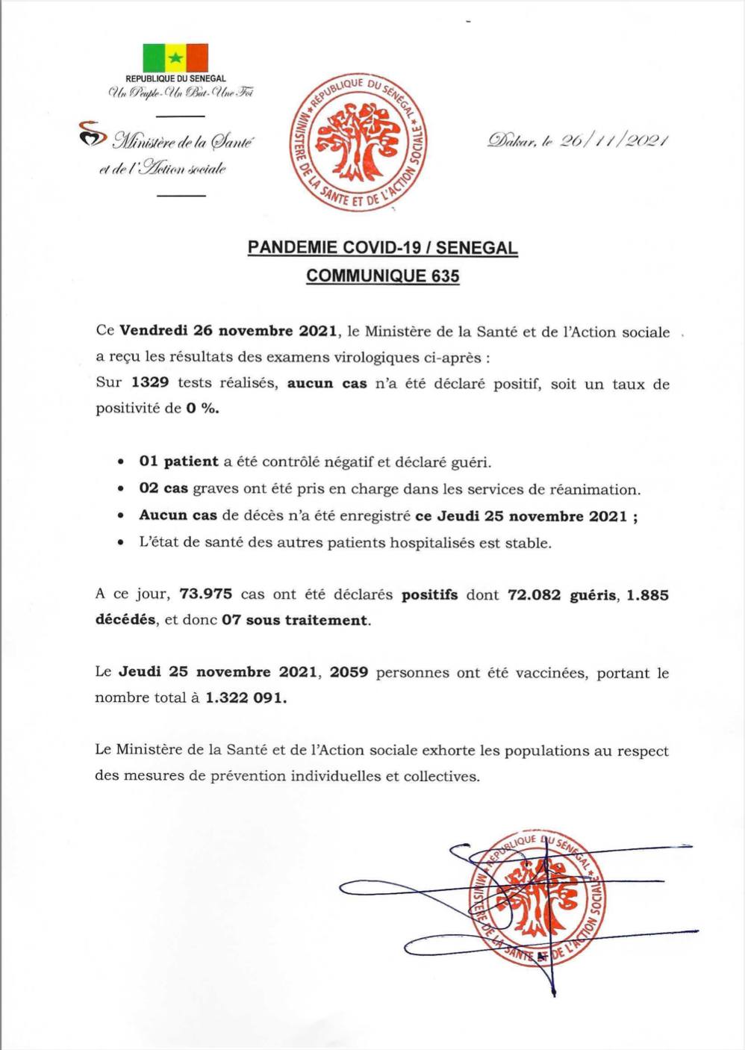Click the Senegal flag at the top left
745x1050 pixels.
(x=175, y=58)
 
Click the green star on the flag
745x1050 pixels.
(x=175, y=58)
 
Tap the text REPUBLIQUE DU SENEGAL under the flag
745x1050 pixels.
(x=175, y=78)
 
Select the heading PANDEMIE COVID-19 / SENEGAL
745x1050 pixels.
(x=382, y=248)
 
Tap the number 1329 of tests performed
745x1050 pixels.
(x=149, y=383)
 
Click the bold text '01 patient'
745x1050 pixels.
(x=178, y=462)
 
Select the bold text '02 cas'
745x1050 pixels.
(x=163, y=489)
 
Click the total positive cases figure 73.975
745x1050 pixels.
(x=205, y=595)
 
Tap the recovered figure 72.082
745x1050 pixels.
(x=533, y=595)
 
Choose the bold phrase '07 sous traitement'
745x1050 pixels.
(x=295, y=620)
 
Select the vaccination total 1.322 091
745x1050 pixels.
(x=246, y=698)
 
